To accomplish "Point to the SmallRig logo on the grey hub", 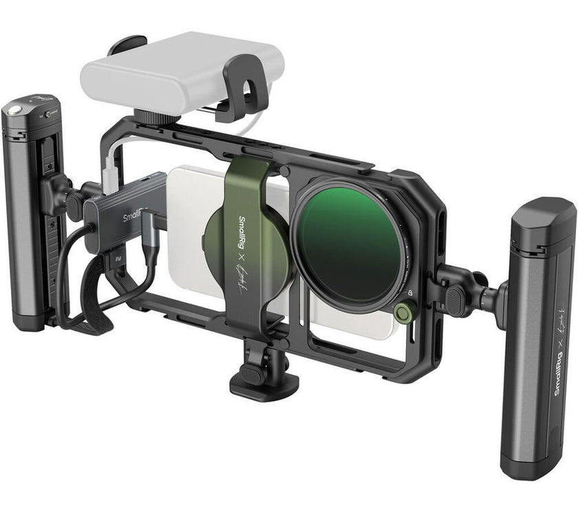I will pyautogui.click(x=134, y=219).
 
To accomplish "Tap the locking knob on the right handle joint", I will pyautogui.click(x=455, y=297).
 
